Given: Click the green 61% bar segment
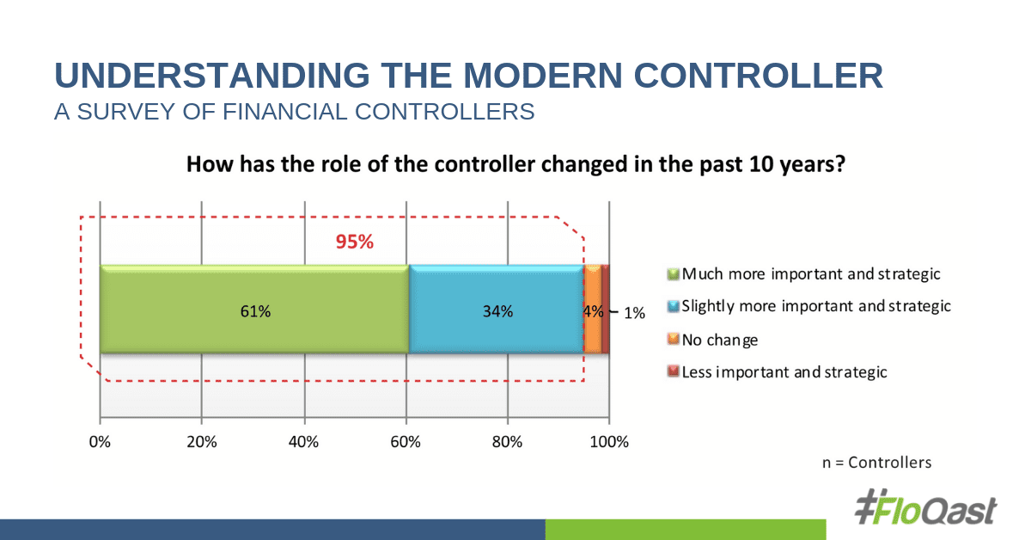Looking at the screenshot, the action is (254, 310).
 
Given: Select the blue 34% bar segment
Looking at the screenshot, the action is (497, 310).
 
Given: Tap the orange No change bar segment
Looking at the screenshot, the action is (593, 310).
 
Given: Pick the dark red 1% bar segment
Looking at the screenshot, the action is (606, 310).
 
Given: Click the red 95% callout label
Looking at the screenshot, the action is (354, 242).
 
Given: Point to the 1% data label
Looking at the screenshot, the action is (634, 313).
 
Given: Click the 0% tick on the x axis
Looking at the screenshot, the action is (100, 442).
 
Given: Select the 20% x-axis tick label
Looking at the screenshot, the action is (202, 442).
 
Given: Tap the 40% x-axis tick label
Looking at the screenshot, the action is (304, 442).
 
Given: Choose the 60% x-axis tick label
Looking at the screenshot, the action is (406, 442).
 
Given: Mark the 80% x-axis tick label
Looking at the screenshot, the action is (507, 442).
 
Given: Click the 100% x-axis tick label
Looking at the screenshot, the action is (609, 442).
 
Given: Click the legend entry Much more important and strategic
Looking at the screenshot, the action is (803, 274).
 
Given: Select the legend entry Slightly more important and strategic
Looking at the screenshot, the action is (809, 306).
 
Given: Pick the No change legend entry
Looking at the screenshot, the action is (712, 340).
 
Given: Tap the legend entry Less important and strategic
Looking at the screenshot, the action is (777, 371).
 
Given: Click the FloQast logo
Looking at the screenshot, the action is (925, 507).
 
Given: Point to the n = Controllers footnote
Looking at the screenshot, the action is (877, 462).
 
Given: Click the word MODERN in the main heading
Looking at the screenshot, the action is (543, 75).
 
